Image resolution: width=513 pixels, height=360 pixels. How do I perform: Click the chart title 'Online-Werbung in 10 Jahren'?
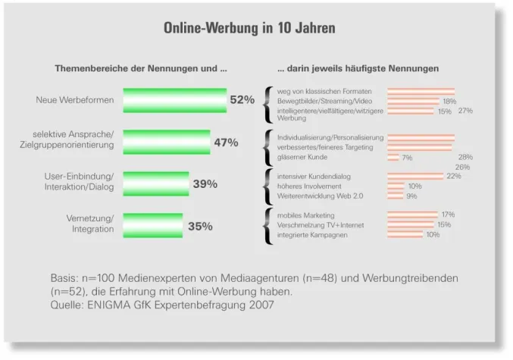tap(249, 29)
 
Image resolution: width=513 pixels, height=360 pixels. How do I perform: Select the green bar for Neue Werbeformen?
tap(174, 100)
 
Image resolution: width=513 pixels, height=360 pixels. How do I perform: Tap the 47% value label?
tap(226, 142)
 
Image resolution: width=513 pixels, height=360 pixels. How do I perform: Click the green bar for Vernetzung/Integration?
tap(152, 225)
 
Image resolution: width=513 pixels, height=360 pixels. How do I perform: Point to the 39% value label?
tap(205, 183)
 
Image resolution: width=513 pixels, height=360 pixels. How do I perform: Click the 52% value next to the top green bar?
tap(242, 100)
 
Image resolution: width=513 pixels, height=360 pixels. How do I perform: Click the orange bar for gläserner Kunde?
tap(393, 158)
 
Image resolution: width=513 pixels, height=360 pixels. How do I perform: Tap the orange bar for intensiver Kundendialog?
tap(415, 177)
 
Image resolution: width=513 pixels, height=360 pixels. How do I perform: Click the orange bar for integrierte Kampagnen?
tap(405, 235)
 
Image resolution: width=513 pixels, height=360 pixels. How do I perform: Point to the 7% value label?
tap(407, 158)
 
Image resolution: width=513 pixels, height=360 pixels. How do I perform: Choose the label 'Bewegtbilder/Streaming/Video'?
tap(324, 101)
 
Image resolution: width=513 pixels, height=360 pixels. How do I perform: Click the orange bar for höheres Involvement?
tap(396, 186)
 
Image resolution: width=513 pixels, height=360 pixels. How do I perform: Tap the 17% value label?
tap(448, 215)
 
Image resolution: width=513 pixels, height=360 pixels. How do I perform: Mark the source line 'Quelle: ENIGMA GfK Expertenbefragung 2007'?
tap(161, 305)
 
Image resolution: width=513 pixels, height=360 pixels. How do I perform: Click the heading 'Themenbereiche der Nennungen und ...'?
tap(141, 69)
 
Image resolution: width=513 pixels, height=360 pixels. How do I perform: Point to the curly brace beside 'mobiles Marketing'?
tap(268, 225)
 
